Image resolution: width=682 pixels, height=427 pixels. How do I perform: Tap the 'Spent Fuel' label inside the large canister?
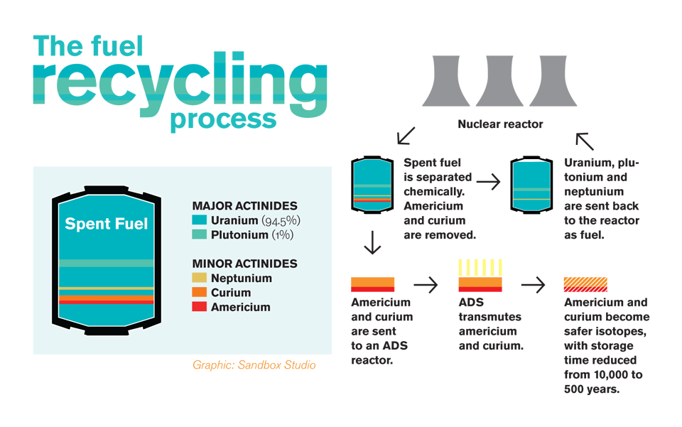point(107,224)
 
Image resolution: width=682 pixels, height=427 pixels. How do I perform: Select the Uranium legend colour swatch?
point(200,220)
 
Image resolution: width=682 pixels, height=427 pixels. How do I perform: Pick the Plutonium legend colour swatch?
point(200,234)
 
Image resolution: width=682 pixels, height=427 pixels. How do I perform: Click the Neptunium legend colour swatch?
point(200,279)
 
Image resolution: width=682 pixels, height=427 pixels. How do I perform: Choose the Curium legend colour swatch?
point(200,293)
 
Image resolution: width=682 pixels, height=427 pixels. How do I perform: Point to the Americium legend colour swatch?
point(200,307)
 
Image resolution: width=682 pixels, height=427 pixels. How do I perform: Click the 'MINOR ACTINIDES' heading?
point(244,264)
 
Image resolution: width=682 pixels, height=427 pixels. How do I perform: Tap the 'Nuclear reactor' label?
point(500,124)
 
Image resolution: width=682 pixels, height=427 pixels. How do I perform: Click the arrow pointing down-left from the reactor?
point(406,136)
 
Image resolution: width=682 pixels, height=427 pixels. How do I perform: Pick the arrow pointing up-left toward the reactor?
point(585,141)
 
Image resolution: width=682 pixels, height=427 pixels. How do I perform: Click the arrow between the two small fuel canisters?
point(488,183)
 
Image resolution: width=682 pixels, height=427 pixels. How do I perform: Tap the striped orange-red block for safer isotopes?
point(585,284)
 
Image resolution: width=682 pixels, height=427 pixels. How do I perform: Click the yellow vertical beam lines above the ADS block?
point(480,267)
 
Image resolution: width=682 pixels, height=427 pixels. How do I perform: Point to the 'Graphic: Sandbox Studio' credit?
point(254,364)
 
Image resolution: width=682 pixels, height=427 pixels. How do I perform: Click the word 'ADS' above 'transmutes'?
point(470,302)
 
